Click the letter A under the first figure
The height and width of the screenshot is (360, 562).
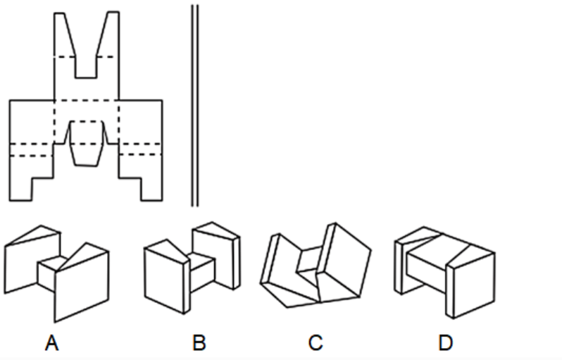click(x=51, y=343)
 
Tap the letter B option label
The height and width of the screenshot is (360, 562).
click(x=199, y=343)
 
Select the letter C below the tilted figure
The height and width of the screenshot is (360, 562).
click(x=316, y=343)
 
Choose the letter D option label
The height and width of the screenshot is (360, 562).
click(x=446, y=343)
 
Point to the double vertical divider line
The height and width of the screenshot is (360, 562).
click(x=194, y=106)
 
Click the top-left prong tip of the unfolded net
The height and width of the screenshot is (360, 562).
click(x=59, y=13)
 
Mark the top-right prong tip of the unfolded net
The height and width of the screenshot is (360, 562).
click(x=113, y=13)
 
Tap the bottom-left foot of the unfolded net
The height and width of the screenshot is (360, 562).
click(x=21, y=190)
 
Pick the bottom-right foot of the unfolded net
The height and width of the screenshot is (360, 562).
click(x=151, y=190)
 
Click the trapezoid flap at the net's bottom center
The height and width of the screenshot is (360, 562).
click(x=86, y=154)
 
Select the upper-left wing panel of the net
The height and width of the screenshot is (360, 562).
click(x=32, y=122)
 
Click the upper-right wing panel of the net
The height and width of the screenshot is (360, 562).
click(x=141, y=122)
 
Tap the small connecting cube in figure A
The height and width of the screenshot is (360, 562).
click(x=50, y=273)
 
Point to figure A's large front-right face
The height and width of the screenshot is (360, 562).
click(x=82, y=286)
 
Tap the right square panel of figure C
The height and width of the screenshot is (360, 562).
click(x=344, y=262)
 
